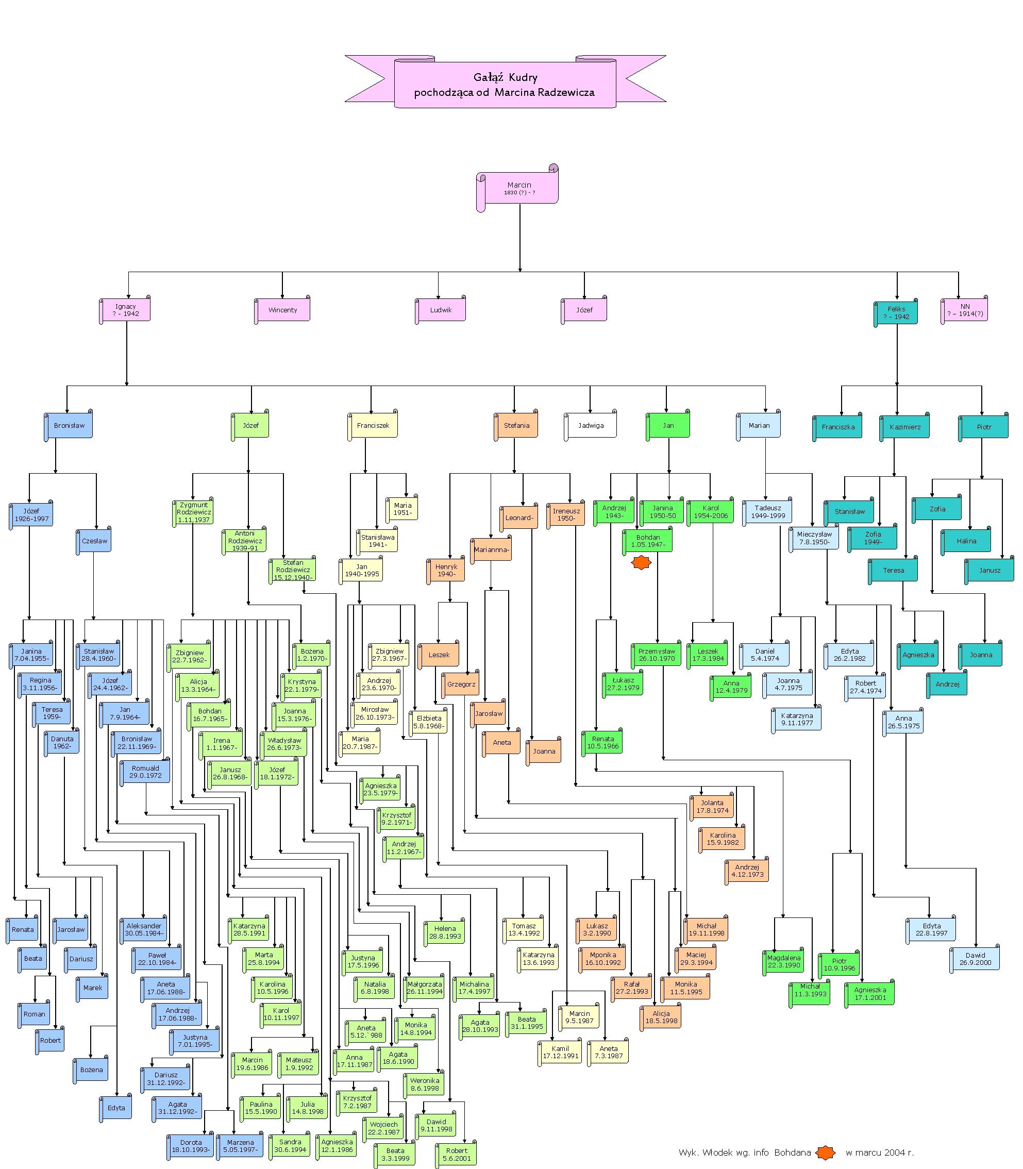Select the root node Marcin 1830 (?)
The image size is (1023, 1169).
[x=519, y=188]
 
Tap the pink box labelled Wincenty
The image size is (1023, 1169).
[x=282, y=310]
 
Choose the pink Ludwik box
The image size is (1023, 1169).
[x=441, y=310]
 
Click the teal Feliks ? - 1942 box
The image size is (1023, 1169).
[x=897, y=313]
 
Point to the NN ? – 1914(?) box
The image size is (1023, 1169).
[x=965, y=310]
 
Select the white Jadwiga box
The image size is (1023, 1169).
[x=591, y=425]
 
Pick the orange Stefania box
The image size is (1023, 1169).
[x=516, y=425]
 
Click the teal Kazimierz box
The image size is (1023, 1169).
[x=905, y=427]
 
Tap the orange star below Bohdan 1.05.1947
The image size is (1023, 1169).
[x=641, y=563]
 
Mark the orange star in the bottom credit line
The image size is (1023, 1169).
[x=825, y=1153]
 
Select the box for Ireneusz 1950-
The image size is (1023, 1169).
[x=566, y=515]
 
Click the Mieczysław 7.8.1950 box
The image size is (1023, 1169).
[x=814, y=538]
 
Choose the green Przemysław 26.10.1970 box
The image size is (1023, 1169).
[x=657, y=655]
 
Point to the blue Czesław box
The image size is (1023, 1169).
[x=94, y=541]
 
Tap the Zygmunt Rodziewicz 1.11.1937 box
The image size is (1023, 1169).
[x=194, y=512]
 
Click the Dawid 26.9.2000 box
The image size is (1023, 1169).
[x=975, y=959]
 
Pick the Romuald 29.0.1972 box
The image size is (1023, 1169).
[x=145, y=772]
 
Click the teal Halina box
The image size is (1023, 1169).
[x=966, y=541]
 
